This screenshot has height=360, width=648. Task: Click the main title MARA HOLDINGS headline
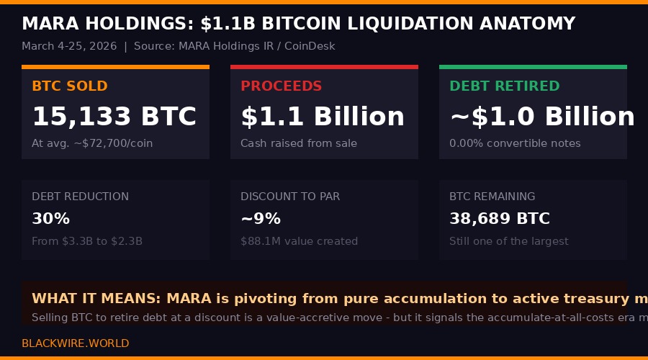coord(298,24)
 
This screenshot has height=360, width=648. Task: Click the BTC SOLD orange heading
coord(69,86)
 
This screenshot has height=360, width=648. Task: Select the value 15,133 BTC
coord(114,117)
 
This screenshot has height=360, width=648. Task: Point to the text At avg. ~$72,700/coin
coord(92,143)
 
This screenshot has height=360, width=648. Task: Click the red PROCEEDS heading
coord(281,86)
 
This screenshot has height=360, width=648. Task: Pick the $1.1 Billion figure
coord(323,117)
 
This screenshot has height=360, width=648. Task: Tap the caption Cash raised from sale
coord(298,143)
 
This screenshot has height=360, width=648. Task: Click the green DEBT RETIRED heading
coord(504,86)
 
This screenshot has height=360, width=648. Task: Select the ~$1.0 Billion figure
coord(541,117)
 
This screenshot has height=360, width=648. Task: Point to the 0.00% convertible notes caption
coord(515,143)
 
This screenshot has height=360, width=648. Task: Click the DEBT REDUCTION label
coord(80,197)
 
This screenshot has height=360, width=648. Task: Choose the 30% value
coord(50,219)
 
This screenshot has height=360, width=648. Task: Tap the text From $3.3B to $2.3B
coord(87,241)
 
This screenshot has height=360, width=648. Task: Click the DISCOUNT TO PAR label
coord(290,197)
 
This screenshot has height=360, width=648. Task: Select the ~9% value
coord(261,219)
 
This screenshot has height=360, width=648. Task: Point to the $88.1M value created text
coord(299,241)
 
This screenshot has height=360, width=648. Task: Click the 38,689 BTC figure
coord(499,219)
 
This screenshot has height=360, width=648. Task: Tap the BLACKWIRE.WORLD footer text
coord(75,343)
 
